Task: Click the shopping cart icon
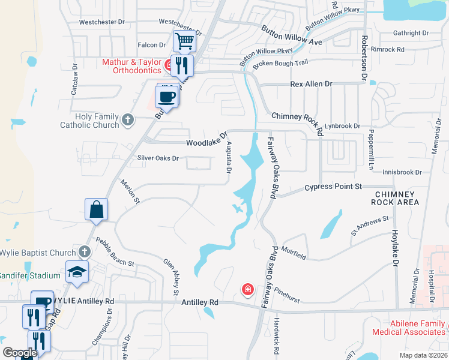coord(185,41)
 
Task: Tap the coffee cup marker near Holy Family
coord(167,96)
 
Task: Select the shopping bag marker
coord(96,210)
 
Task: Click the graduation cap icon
coord(76,272)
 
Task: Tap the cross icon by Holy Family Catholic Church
coord(127,120)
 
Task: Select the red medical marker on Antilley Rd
coord(247,290)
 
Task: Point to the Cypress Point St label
coord(333,187)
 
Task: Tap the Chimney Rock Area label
coord(396,198)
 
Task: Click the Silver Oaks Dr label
coord(158,158)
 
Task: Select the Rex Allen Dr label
coord(311,85)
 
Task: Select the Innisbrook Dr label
coord(401,172)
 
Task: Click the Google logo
coord(19,353)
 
